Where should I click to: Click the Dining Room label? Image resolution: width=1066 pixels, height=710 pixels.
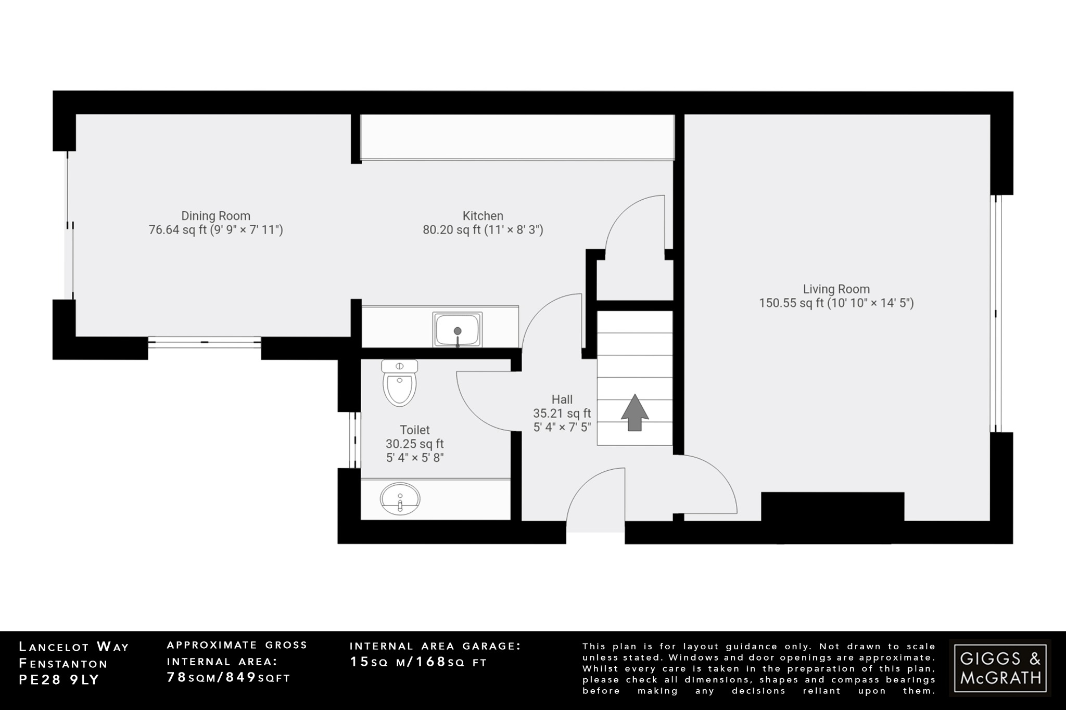tap(215, 216)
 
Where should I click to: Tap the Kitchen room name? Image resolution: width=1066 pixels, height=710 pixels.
tap(483, 216)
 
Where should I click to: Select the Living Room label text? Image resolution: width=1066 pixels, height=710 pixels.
tap(836, 289)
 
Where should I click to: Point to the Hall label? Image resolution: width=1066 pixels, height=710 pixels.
tap(562, 399)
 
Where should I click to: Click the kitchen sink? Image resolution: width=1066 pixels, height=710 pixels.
tap(457, 330)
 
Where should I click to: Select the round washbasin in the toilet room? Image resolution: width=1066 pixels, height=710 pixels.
tap(400, 499)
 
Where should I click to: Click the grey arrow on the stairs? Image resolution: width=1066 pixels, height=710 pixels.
tap(634, 412)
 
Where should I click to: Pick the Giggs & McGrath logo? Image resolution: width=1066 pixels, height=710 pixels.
tap(1000, 668)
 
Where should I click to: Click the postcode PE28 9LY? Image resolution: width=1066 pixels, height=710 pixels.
tap(59, 680)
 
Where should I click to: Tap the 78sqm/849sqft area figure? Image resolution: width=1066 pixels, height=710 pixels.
tap(229, 677)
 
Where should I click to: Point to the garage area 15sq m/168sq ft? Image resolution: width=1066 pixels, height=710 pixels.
tap(418, 662)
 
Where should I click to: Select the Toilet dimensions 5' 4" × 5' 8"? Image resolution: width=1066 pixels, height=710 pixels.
tap(414, 458)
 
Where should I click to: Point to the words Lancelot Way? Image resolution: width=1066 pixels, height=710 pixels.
tap(73, 647)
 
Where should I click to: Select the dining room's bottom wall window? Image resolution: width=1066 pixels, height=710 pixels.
tap(204, 342)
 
